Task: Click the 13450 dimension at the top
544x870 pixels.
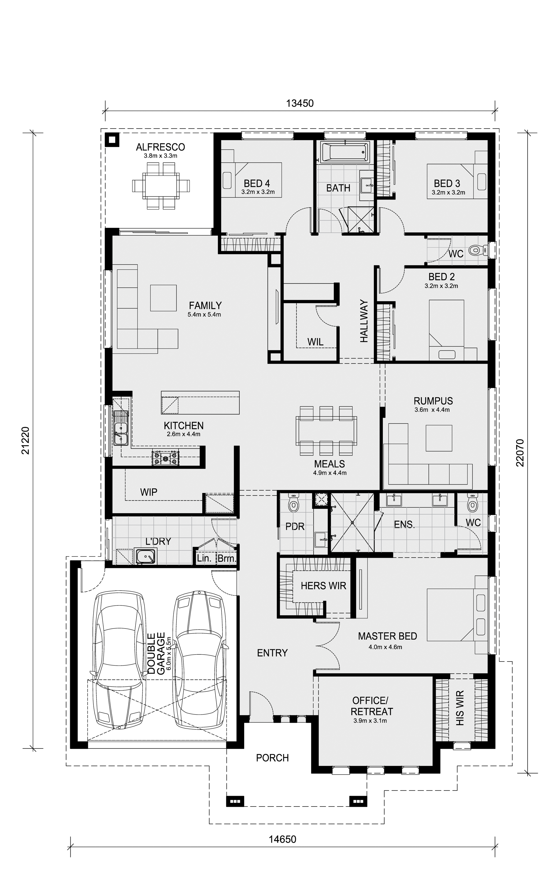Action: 300,103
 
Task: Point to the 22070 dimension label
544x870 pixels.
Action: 520,453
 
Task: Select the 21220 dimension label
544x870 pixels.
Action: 25,441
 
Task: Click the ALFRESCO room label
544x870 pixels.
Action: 160,147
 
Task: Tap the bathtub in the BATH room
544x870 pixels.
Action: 345,152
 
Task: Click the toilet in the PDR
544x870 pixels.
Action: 294,505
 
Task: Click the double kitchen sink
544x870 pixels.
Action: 121,428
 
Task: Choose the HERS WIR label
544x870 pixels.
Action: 324,586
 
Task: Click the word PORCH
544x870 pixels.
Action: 272,758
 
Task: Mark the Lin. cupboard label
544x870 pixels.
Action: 204,559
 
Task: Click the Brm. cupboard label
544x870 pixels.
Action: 227,559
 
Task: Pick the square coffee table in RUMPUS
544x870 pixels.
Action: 439,438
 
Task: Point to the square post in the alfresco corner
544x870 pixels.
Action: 112,139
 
